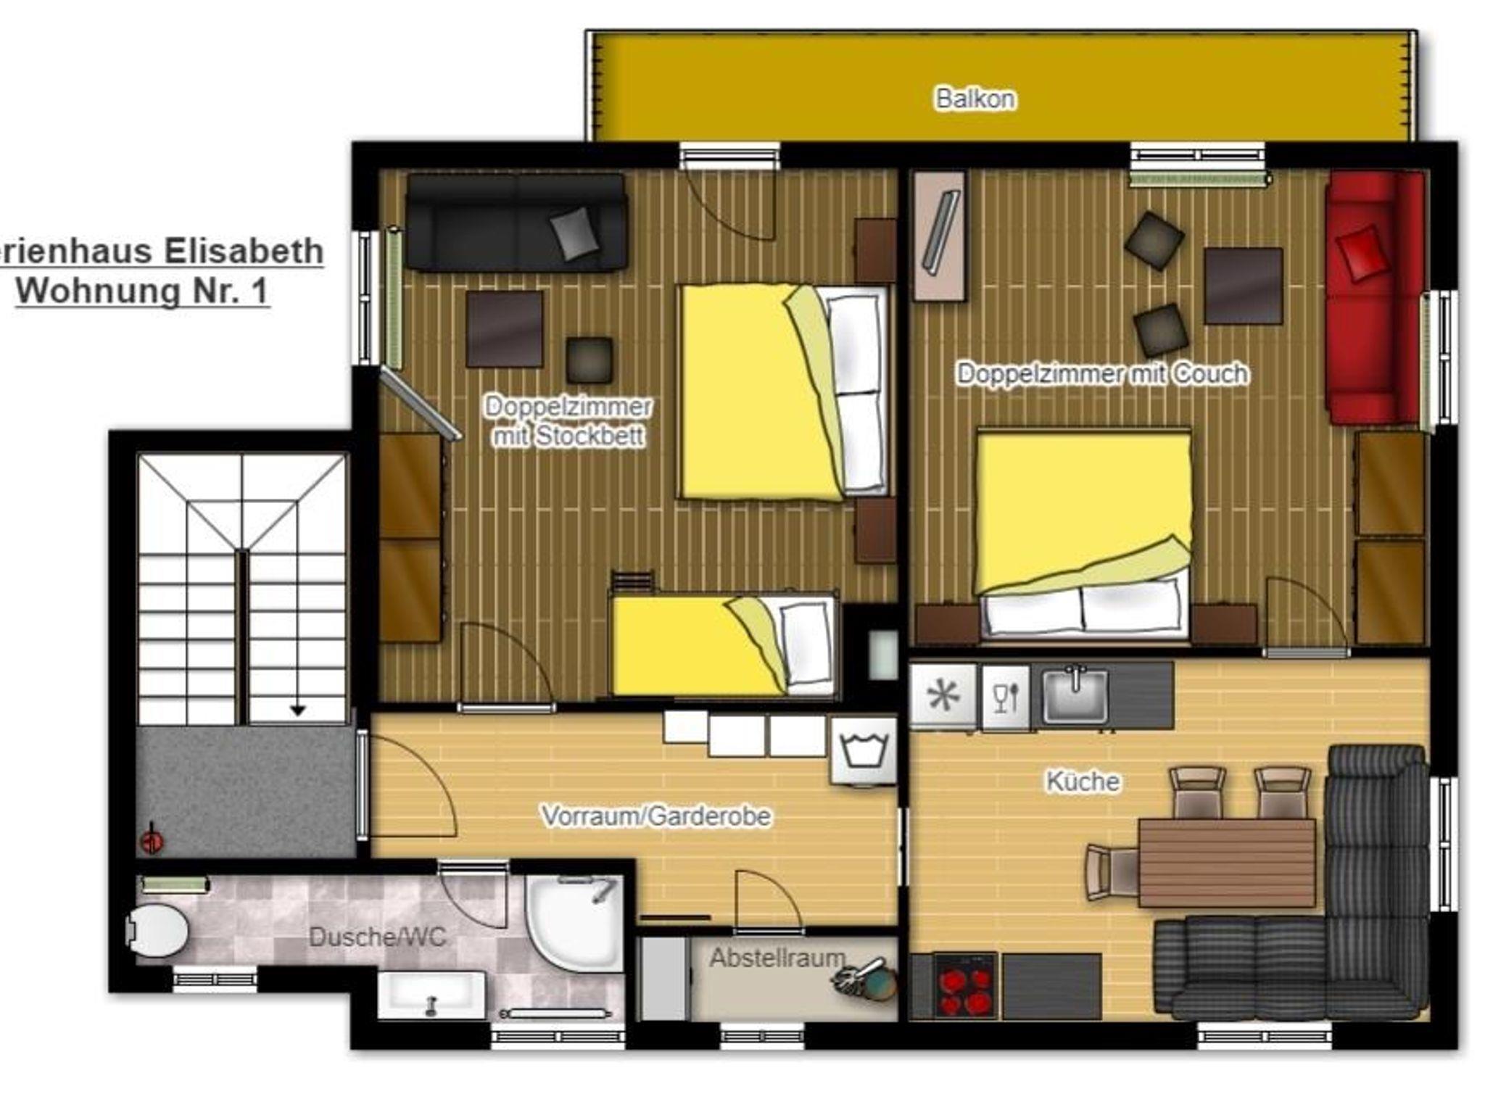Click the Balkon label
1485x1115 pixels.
[x=975, y=98]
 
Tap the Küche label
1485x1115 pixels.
[x=1083, y=781]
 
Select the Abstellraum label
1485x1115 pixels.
[x=777, y=958]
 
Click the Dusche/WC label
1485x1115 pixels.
[x=377, y=937]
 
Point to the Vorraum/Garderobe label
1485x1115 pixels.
[x=656, y=816]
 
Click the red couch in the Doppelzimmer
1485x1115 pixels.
[x=1374, y=297]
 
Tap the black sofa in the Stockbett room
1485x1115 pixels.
[x=516, y=222]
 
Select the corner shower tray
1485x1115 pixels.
[x=575, y=922]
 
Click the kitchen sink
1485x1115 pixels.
[x=1075, y=695]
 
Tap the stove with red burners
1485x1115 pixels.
[x=965, y=986]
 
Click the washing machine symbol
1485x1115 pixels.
[x=863, y=750]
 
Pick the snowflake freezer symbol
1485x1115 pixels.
[x=943, y=696]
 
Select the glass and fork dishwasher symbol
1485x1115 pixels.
[x=1005, y=697]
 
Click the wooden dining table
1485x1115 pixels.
[x=1226, y=863]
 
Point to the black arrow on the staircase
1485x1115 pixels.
[x=297, y=710]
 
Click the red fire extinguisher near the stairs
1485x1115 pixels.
[x=152, y=840]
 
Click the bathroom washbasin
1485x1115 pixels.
[x=431, y=995]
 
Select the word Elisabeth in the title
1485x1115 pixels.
[x=244, y=251]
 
